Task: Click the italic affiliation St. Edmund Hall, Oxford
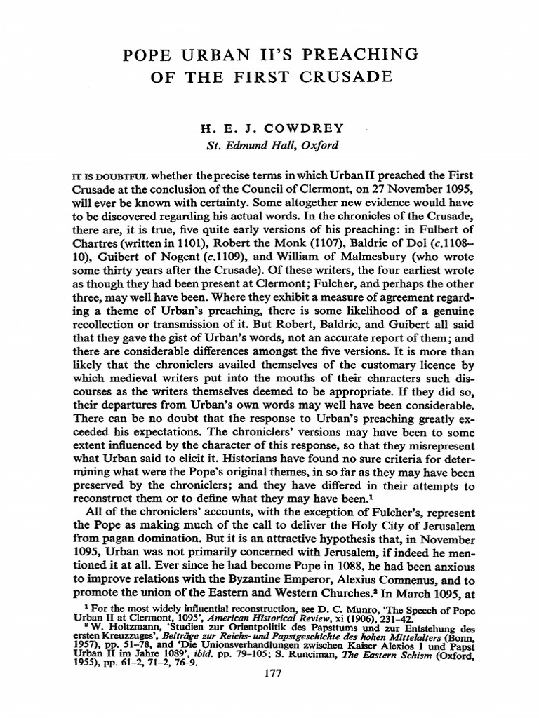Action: [x=269, y=146]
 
